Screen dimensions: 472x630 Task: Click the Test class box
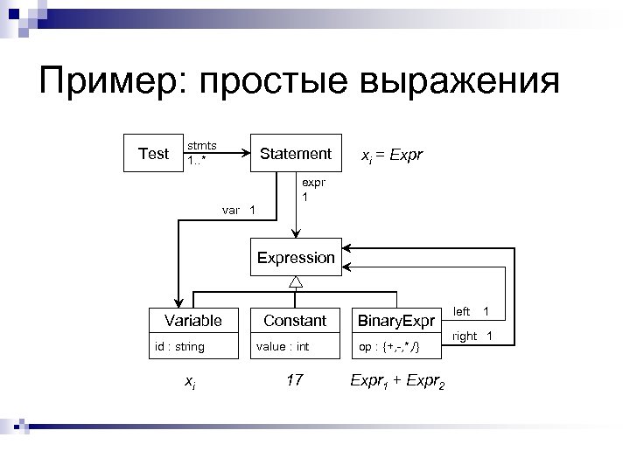[x=153, y=154]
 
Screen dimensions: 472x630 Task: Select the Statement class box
[x=296, y=154]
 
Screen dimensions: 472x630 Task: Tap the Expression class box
[x=296, y=258]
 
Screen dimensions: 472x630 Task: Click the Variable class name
[x=193, y=321]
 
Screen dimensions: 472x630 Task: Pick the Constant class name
[x=295, y=321]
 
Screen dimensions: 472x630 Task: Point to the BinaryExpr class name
[x=396, y=321]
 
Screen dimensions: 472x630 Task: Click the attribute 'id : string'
[x=179, y=347]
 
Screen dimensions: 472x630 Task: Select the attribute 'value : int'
[x=282, y=347]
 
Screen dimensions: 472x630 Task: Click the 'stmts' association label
[x=202, y=144]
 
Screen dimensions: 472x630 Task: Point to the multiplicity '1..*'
[x=198, y=162]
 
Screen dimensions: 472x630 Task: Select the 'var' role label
[x=231, y=210]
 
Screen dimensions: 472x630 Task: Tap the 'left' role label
[x=461, y=311]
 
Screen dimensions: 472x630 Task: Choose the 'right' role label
[x=465, y=336]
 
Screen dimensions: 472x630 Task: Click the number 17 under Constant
[x=295, y=380]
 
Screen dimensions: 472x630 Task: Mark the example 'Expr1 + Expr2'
[x=397, y=382]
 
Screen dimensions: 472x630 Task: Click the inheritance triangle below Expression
[x=296, y=281]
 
